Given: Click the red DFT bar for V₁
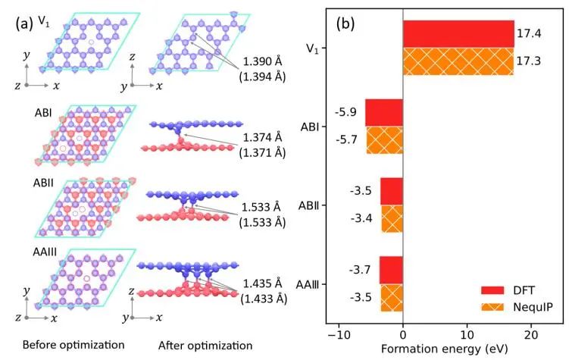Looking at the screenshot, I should [458, 34].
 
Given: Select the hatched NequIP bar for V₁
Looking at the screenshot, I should [458, 61].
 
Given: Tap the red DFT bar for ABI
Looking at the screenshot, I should [384, 112].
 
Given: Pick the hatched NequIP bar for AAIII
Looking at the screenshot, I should [391, 298].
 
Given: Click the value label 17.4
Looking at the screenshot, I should [527, 34].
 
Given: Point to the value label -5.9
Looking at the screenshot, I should [349, 112].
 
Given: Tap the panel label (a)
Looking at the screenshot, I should [23, 23].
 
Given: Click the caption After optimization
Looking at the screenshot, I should [205, 346].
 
